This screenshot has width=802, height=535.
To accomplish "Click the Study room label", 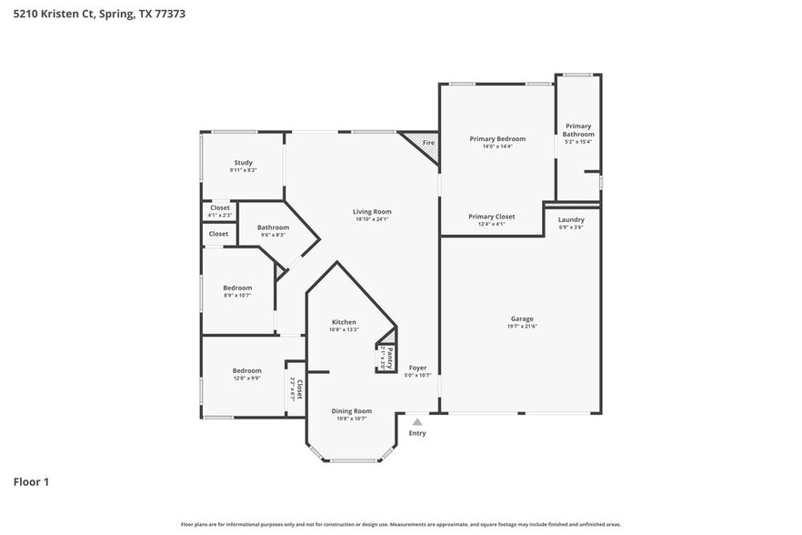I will coord(243,163).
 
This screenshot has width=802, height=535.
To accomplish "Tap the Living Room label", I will coord(371,212).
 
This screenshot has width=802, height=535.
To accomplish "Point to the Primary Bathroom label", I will coord(578,130).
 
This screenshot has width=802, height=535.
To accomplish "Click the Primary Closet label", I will coord(491,217).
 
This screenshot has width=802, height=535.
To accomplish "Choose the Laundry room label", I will coord(571,219).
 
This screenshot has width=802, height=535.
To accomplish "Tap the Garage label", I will coord(521,318).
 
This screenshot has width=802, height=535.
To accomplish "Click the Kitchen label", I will coord(343,322).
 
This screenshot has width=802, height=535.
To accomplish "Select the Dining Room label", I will coord(350,410).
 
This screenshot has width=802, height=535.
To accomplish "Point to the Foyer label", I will coord(417,368).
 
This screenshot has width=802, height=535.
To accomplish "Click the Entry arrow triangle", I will coord(416,421).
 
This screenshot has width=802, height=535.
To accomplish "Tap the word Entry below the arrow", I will coord(416,433).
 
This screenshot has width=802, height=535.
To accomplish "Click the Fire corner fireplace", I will coord(426,144).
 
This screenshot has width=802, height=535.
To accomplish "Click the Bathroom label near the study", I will coord(273,227).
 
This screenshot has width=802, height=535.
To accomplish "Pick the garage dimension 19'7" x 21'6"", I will coord(521,327).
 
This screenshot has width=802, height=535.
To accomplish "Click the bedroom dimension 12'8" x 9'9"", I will coord(246,379).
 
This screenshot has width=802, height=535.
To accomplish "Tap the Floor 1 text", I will coord(31,481).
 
